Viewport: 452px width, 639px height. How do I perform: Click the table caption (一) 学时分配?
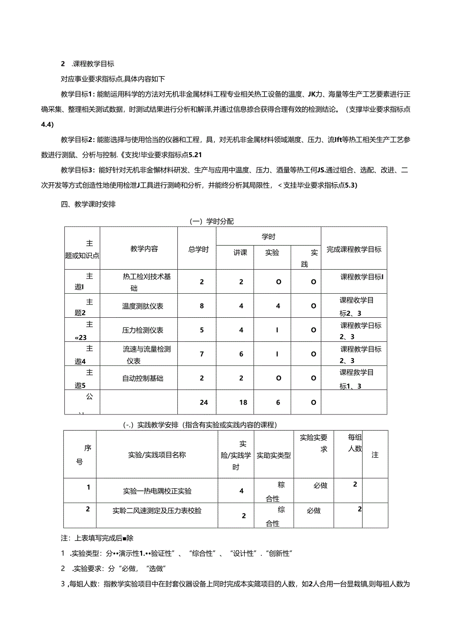pyautogui.click(x=211, y=221)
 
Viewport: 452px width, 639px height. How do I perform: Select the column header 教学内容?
pyautogui.click(x=144, y=249)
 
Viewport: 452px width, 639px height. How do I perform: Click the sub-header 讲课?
pyautogui.click(x=240, y=252)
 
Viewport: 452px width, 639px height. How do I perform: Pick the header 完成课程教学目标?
pyautogui.click(x=354, y=249)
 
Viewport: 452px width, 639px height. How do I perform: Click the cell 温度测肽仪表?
pyautogui.click(x=143, y=306)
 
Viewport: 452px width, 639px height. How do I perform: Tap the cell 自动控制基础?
pyautogui.click(x=143, y=378)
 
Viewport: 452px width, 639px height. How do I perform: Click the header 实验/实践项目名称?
pyautogui.click(x=156, y=455)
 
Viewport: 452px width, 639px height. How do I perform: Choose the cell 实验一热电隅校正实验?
pyautogui.click(x=157, y=491)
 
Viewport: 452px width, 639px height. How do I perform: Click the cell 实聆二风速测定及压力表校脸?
pyautogui.click(x=157, y=511)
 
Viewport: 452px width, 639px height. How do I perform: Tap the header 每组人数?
pyautogui.click(x=355, y=442)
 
